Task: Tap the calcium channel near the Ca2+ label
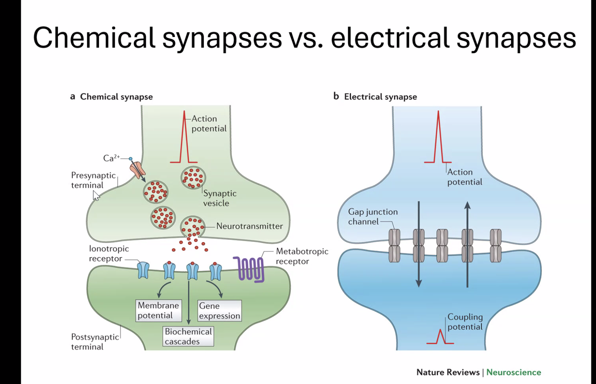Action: pyautogui.click(x=137, y=170)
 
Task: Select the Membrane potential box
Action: pyautogui.click(x=158, y=310)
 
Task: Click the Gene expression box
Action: pyautogui.click(x=219, y=311)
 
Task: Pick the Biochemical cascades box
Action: pyautogui.click(x=188, y=336)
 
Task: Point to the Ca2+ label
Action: pyautogui.click(x=111, y=158)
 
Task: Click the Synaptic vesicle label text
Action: pyautogui.click(x=220, y=198)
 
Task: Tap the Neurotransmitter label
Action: pyautogui.click(x=249, y=226)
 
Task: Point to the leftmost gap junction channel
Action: pyautogui.click(x=394, y=246)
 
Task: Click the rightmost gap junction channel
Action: pyautogui.click(x=495, y=246)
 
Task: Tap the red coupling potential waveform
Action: pyautogui.click(x=440, y=337)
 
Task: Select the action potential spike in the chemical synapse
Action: pyautogui.click(x=184, y=139)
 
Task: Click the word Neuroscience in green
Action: pyautogui.click(x=514, y=372)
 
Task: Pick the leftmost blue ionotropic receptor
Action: pyautogui.click(x=143, y=270)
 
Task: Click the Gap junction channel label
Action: pyautogui.click(x=372, y=217)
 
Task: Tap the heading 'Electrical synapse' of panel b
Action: pyautogui.click(x=380, y=97)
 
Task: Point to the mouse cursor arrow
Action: pyautogui.click(x=96, y=195)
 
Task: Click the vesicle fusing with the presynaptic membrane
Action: pyautogui.click(x=192, y=227)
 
